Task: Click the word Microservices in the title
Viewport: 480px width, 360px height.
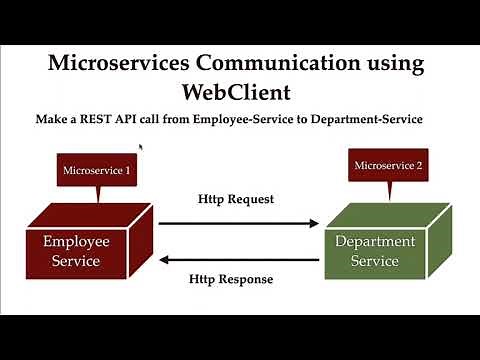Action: [117, 64]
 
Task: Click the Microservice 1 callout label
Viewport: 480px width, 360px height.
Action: [96, 171]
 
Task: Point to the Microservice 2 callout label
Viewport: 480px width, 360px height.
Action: [388, 164]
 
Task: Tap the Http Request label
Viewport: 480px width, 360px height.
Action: [236, 198]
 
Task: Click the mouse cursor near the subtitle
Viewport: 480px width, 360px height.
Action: [141, 148]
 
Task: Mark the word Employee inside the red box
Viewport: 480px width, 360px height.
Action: [76, 241]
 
